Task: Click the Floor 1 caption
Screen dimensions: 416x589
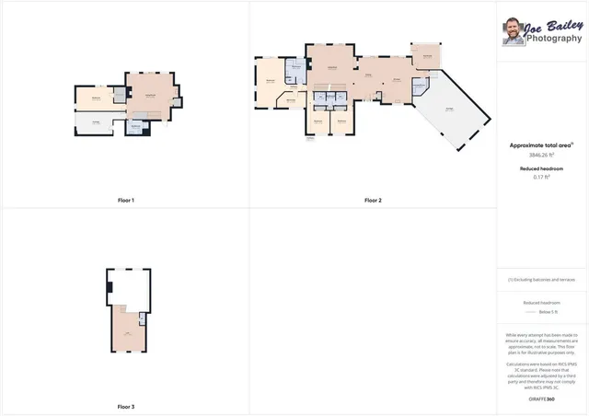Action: pyautogui.click(x=126, y=200)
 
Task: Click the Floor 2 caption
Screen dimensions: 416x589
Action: pyautogui.click(x=373, y=200)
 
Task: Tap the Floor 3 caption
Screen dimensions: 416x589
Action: pyautogui.click(x=126, y=406)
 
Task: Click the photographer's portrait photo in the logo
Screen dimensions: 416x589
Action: pyautogui.click(x=512, y=32)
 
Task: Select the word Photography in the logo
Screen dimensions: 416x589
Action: pyautogui.click(x=553, y=39)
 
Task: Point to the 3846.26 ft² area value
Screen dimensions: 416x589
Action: pyautogui.click(x=541, y=155)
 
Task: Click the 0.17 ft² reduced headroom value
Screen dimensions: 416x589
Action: pyautogui.click(x=541, y=177)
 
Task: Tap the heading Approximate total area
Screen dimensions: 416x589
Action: pyautogui.click(x=541, y=145)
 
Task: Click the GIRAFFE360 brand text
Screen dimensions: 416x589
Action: pyautogui.click(x=541, y=399)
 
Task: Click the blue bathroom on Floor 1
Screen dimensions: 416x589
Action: pyautogui.click(x=136, y=128)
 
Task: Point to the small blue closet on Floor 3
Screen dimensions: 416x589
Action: pyautogui.click(x=142, y=318)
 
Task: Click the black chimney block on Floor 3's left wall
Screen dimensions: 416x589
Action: pyautogui.click(x=110, y=287)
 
